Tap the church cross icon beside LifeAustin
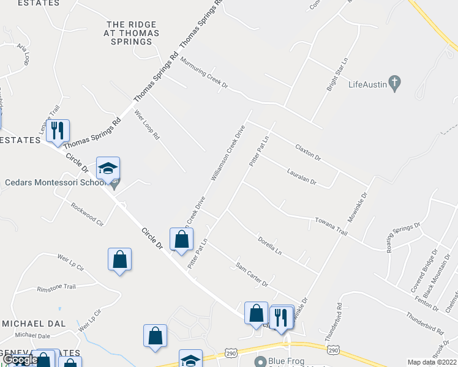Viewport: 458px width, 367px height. click(x=396, y=83)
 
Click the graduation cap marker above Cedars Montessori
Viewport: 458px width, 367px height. click(x=108, y=169)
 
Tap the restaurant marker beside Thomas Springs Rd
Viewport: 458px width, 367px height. click(x=58, y=131)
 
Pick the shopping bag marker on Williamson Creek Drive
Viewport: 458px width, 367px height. click(x=182, y=240)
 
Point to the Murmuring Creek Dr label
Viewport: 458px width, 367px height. click(x=204, y=73)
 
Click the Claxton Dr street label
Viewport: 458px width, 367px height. click(x=308, y=152)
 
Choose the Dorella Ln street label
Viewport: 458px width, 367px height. click(x=269, y=245)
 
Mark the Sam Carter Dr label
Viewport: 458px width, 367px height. click(x=252, y=275)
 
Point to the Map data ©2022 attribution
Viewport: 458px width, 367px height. click(x=432, y=362)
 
